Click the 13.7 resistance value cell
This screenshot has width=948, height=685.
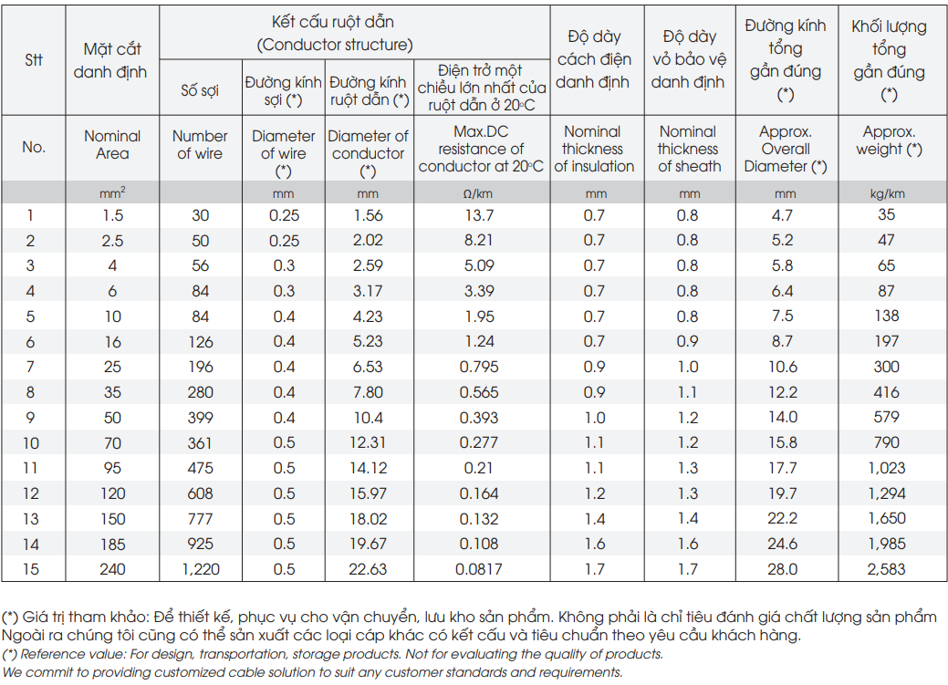[479, 215]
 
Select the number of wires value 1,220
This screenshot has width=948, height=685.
[201, 569]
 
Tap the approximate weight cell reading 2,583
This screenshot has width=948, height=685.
[886, 569]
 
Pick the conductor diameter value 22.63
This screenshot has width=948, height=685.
[368, 569]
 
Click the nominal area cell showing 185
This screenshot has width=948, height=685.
[112, 545]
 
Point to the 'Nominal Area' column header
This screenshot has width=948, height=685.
[112, 144]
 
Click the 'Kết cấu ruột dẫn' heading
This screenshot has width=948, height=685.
[332, 23]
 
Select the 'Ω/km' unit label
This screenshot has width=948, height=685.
[477, 194]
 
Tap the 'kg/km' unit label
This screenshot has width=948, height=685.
[888, 194]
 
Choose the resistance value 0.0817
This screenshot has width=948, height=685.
[479, 569]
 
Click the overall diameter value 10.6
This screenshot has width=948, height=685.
[783, 367]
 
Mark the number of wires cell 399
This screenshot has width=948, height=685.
[200, 417]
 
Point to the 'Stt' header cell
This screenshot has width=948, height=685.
[34, 60]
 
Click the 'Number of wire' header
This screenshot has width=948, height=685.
[200, 144]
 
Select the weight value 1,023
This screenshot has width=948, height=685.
[886, 467]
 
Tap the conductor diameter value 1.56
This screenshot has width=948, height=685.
[369, 215]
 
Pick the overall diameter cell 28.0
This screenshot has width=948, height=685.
[783, 569]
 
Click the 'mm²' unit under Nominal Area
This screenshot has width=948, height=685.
[112, 193]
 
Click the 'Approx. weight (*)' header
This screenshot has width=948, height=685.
[889, 140]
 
